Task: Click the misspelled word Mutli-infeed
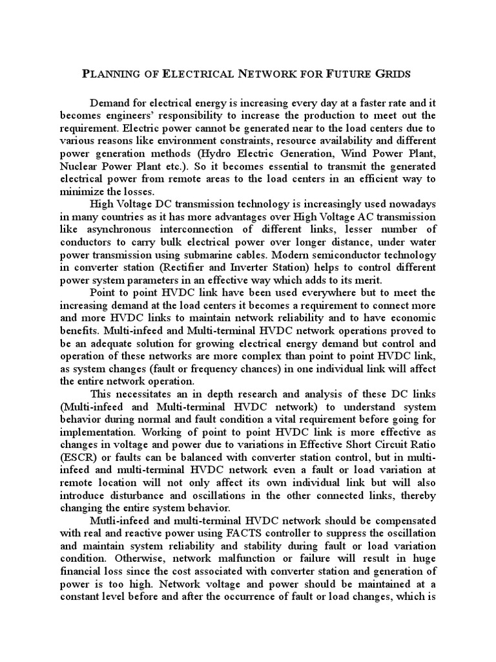[x=121, y=520]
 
